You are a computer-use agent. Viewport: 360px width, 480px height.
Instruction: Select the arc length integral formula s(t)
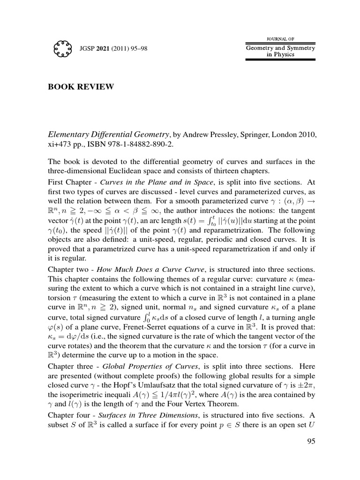click(x=220, y=220)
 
